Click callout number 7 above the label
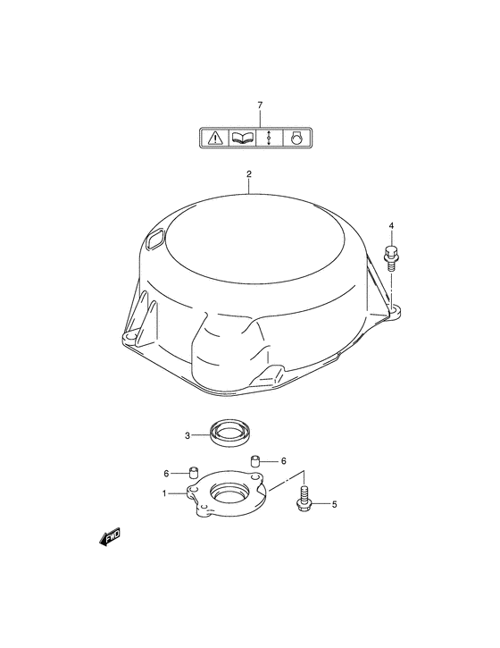coord(260,105)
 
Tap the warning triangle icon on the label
coord(214,138)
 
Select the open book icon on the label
coord(242,138)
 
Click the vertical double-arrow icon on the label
coord(269,138)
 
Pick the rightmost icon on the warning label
coord(296,138)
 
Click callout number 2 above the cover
coord(249,174)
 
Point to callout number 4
coord(391,225)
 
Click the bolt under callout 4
coord(390,258)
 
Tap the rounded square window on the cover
coord(155,240)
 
